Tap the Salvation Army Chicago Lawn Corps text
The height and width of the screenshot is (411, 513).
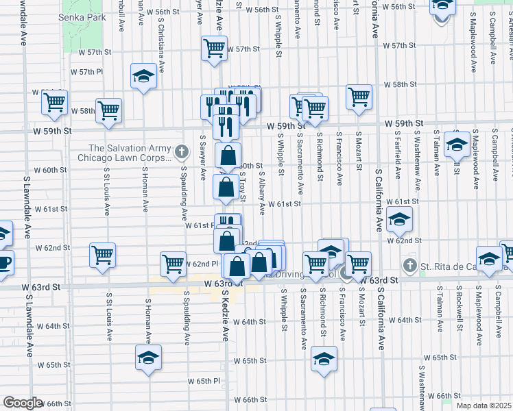130,152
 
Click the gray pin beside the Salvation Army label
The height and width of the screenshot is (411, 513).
181,151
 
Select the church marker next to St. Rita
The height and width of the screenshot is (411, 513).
409,264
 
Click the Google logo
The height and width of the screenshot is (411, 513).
23,403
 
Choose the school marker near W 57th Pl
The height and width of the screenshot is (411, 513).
143,76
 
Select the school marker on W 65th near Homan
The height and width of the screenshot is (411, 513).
147,358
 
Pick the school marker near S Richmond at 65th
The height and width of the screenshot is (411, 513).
324,359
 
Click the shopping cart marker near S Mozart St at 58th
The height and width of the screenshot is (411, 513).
359,97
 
